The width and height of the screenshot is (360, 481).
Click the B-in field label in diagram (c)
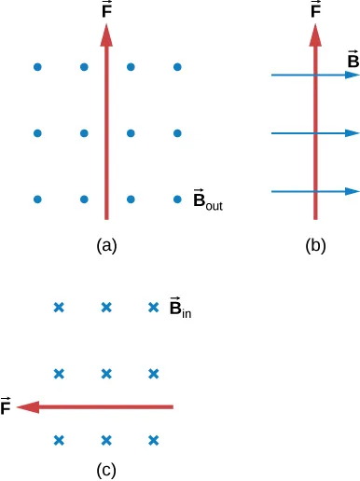180,307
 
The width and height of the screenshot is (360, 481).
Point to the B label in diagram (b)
353,62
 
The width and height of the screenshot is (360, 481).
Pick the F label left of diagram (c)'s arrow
7,407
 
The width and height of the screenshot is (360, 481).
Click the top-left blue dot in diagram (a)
37,67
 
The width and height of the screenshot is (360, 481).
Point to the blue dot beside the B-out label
177,199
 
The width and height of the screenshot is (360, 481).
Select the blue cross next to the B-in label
155,308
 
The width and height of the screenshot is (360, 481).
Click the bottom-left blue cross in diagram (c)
59,440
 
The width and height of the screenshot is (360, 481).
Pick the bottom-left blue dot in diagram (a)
37,199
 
